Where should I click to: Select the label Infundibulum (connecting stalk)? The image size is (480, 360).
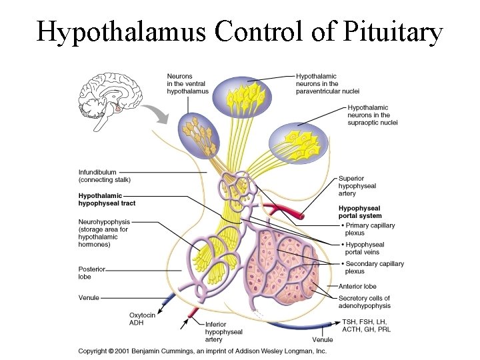(105, 175)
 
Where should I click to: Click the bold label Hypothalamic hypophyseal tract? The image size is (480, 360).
(109, 199)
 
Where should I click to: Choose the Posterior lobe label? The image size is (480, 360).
(91, 273)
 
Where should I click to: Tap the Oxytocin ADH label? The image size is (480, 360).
(142, 319)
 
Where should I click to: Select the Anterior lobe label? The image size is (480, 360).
(357, 286)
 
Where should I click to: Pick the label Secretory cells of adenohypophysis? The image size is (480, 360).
(364, 302)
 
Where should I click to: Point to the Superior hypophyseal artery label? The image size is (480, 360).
(357, 186)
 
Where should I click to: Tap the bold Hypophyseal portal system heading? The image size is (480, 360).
(360, 212)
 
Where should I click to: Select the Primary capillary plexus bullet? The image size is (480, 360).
(370, 229)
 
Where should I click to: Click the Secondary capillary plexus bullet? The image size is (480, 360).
(373, 267)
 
